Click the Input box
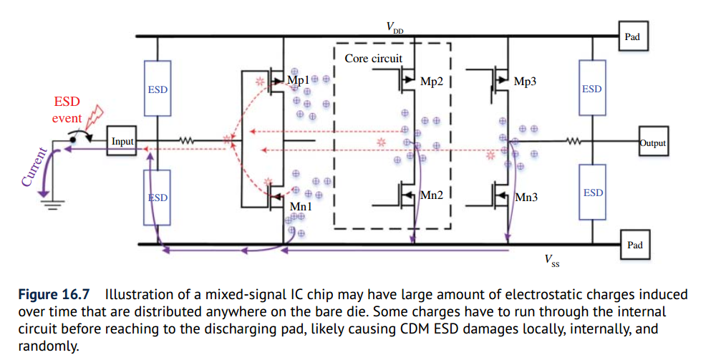[122, 141]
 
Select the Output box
[652, 143]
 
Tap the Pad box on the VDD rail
[633, 37]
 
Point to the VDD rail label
[394, 27]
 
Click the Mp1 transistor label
[297, 79]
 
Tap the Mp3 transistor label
[525, 82]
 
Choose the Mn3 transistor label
[526, 196]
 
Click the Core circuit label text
[373, 58]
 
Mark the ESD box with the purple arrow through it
[157, 198]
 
